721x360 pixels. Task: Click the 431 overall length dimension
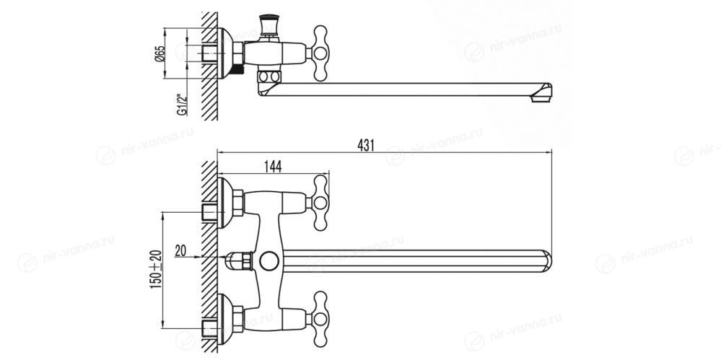366,145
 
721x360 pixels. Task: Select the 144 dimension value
273,167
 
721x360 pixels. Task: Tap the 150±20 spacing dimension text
156,269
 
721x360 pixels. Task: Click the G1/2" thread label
183,105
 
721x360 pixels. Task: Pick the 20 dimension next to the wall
180,250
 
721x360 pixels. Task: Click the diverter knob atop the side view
268,25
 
